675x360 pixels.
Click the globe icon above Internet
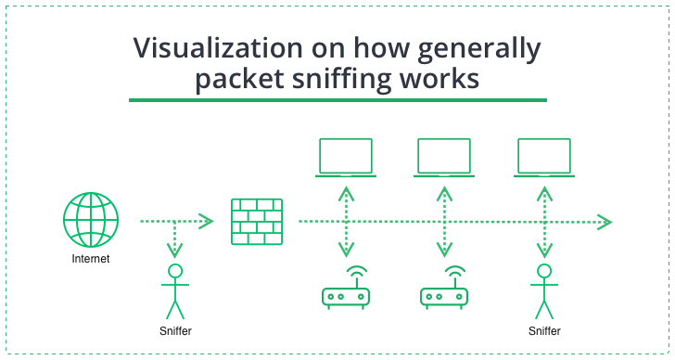[x=91, y=220]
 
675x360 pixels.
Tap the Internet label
[x=91, y=259]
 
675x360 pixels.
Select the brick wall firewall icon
[x=256, y=222]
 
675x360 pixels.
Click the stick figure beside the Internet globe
[x=173, y=289]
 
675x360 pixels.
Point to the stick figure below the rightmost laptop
[x=544, y=289]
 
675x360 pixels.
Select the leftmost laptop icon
[x=345, y=157]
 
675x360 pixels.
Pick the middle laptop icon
[x=444, y=157]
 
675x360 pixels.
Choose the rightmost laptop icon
[x=544, y=157]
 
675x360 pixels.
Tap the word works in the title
[x=447, y=80]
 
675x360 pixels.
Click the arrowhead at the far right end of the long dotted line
[x=605, y=222]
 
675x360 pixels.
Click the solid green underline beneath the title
[x=337, y=100]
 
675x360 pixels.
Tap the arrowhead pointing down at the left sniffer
[x=173, y=251]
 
